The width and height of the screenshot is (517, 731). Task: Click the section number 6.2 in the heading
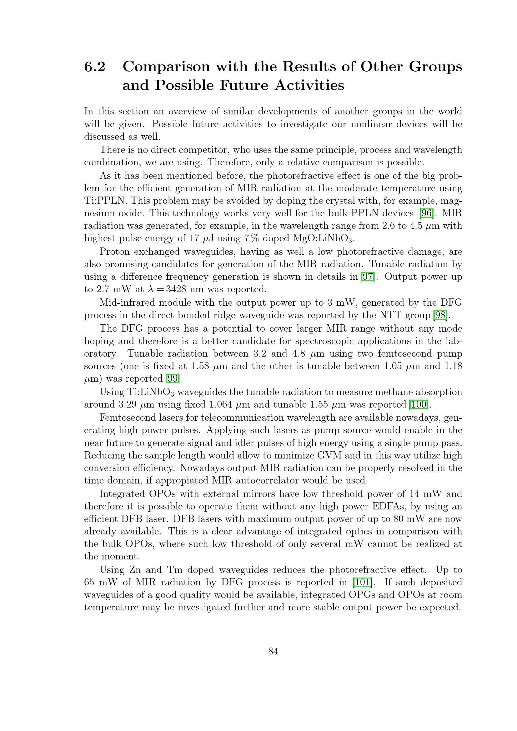(x=94, y=67)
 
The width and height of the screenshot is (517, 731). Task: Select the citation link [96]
(x=427, y=213)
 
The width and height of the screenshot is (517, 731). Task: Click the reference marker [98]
(x=441, y=315)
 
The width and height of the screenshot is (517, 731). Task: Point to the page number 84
(x=273, y=651)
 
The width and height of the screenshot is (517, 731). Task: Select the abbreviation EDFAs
(x=383, y=506)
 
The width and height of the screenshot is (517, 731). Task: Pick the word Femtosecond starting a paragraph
(x=128, y=418)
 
